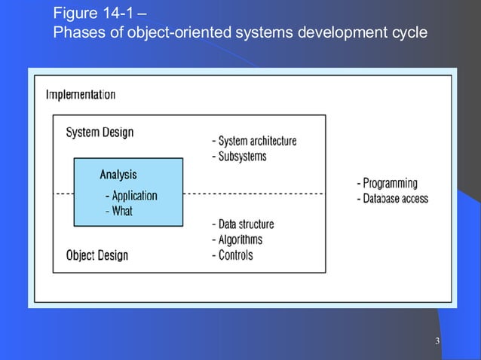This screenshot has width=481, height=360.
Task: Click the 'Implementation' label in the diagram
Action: [x=81, y=95]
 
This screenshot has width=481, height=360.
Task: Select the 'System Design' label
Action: [x=100, y=133]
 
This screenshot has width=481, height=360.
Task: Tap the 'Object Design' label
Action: [x=97, y=255]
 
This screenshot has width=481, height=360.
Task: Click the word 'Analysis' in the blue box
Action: [x=118, y=175]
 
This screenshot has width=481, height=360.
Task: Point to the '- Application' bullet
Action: [x=131, y=196]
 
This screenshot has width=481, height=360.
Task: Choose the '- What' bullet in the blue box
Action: [x=118, y=212]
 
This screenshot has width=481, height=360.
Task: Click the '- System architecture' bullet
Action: [x=254, y=141]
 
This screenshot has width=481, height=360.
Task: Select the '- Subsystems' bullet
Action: [x=239, y=157]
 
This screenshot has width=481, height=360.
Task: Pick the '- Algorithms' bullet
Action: [x=237, y=239]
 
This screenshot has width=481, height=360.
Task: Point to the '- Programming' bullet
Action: [x=386, y=183]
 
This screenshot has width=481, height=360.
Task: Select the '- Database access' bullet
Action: [x=391, y=199]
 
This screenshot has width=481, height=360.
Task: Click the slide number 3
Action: [x=437, y=344]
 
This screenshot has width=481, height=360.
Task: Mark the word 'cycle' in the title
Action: [x=410, y=34]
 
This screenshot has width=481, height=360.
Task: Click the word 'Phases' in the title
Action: [x=78, y=34]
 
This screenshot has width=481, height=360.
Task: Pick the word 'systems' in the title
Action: [x=261, y=34]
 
